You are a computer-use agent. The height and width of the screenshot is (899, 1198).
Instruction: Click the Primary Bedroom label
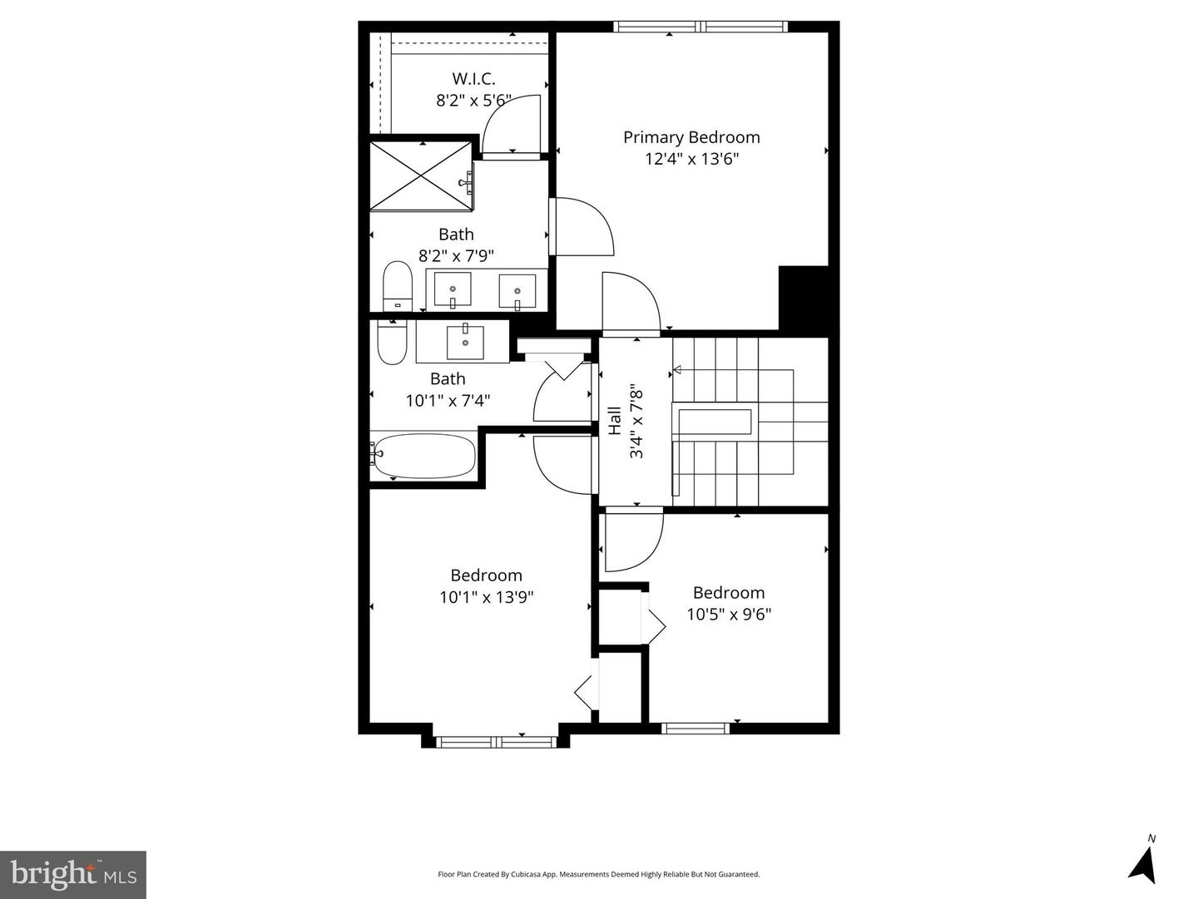pyautogui.click(x=691, y=137)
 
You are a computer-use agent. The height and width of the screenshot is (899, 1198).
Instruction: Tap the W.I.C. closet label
pyautogui.click(x=473, y=79)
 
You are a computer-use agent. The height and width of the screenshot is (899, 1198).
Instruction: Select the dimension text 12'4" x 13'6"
pyautogui.click(x=691, y=159)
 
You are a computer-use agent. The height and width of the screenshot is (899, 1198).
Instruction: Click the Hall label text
pyautogui.click(x=615, y=421)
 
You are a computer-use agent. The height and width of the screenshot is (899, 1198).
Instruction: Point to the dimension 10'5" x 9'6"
pyautogui.click(x=729, y=615)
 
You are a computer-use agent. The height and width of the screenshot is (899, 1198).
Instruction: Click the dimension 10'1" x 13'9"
pyautogui.click(x=486, y=597)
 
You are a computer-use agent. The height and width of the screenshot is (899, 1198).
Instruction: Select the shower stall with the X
pyautogui.click(x=420, y=175)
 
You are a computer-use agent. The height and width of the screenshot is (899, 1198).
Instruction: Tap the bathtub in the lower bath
pyautogui.click(x=423, y=456)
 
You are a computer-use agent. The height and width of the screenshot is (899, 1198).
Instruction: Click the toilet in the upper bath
pyautogui.click(x=398, y=287)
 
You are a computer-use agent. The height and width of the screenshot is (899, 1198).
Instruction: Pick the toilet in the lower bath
pyautogui.click(x=390, y=343)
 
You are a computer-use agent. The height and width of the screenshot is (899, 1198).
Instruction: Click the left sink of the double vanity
pyautogui.click(x=453, y=290)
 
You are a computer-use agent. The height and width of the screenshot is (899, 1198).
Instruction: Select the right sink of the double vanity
pyautogui.click(x=517, y=291)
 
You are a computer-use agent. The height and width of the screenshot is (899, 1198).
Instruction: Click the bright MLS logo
pyautogui.click(x=73, y=874)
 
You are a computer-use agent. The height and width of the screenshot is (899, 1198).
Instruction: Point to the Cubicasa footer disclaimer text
pyautogui.click(x=598, y=874)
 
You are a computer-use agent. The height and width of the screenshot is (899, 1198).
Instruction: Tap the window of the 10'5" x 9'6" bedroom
pyautogui.click(x=696, y=729)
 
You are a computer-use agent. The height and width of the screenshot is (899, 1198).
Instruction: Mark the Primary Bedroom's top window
pyautogui.click(x=700, y=27)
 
